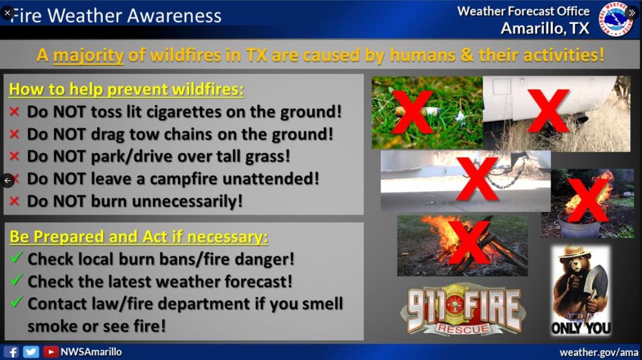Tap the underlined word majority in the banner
[89, 55]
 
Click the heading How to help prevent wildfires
[126, 89]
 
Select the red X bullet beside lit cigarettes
[15, 111]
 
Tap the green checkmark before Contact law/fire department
[16, 302]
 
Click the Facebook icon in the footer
[11, 352]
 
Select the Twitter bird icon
[31, 352]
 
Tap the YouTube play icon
[51, 352]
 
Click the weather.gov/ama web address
[599, 352]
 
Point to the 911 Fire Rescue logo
[462, 310]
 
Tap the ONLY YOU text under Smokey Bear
[581, 328]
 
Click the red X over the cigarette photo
[413, 111]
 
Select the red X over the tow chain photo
[477, 179]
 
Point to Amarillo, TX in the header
[545, 28]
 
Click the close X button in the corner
[8, 13]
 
